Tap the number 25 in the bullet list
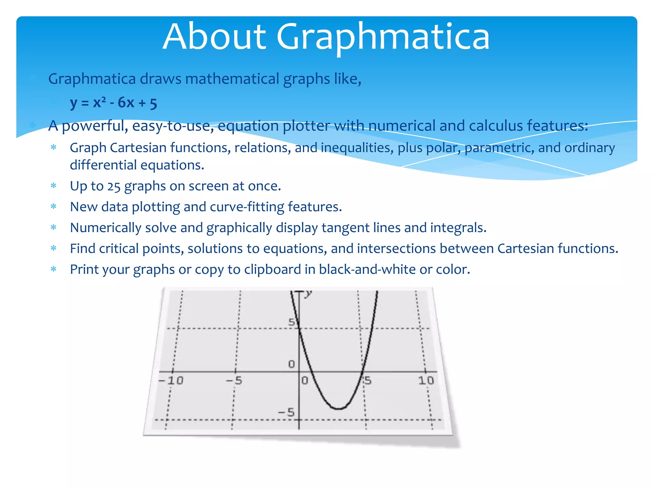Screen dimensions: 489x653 pos(114,187)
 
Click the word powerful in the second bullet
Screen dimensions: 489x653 pos(95,126)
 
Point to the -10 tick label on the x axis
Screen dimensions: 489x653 pos(171,380)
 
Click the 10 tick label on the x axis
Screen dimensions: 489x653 pos(426,380)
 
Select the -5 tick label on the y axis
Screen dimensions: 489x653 pos(286,413)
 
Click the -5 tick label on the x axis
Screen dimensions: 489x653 pos(234,380)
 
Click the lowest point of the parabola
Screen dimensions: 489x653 pos(339,408)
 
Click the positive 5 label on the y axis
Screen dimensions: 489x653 pos(291,322)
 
